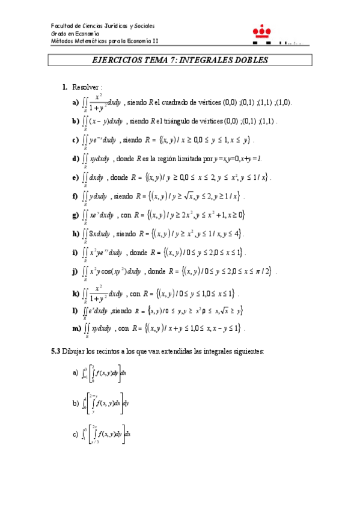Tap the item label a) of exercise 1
click(x=75, y=103)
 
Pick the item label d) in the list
click(x=75, y=159)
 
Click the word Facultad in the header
click(x=61, y=26)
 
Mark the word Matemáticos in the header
click(x=88, y=41)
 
